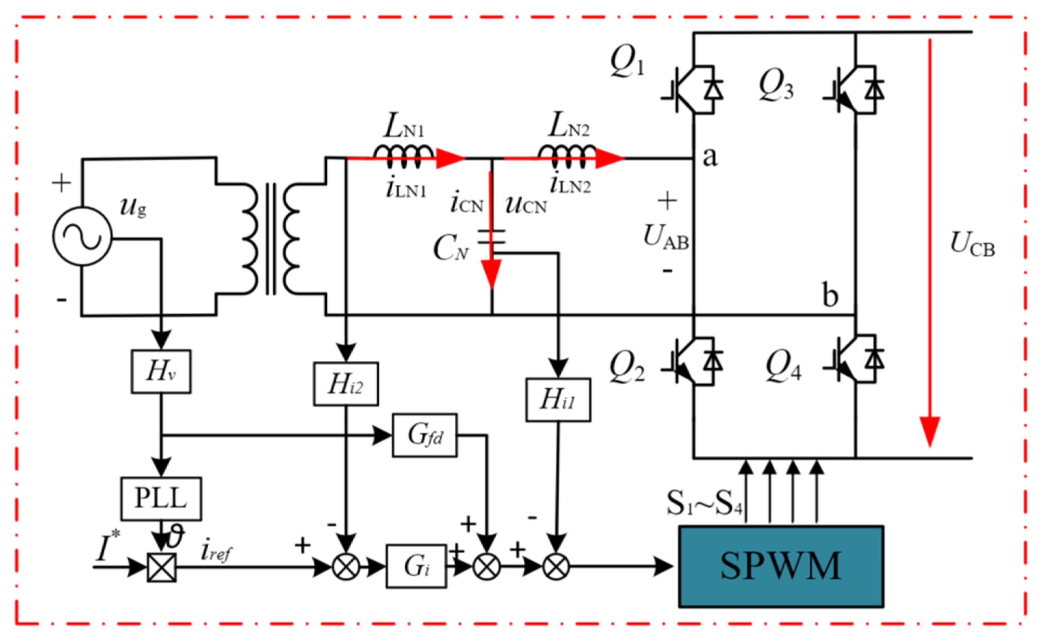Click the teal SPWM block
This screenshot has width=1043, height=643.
(x=781, y=566)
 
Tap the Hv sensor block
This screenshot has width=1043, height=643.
(x=161, y=371)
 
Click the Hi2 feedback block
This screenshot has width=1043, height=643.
(x=346, y=384)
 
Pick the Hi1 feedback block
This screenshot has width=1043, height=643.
(x=558, y=400)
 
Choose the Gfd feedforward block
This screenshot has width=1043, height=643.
(x=424, y=435)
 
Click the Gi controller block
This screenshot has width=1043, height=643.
(x=416, y=566)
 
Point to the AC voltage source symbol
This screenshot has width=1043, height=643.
(x=82, y=236)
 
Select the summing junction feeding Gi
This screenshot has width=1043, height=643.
(x=346, y=567)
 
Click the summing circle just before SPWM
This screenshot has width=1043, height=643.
(x=556, y=567)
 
